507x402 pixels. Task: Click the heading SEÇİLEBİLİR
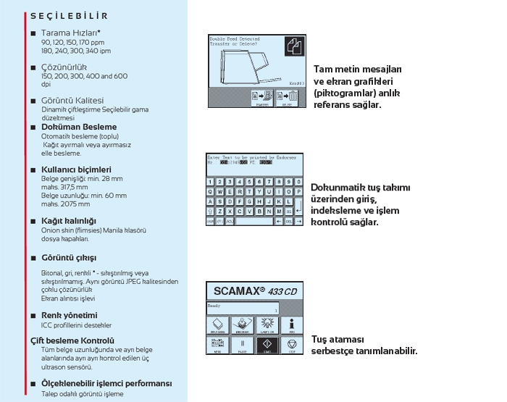tap(69, 14)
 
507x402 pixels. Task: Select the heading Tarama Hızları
tap(71, 33)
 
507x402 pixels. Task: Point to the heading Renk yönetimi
tap(69, 315)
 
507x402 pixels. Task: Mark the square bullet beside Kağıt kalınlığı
tap(33, 221)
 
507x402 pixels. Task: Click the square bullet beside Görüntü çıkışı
tap(33, 257)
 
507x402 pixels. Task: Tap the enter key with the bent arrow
tap(297, 211)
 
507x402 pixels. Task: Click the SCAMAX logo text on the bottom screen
tap(243, 291)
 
